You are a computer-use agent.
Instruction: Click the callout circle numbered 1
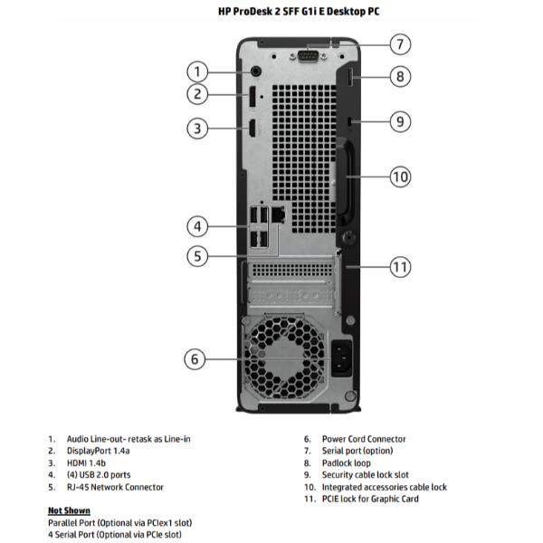pyautogui.click(x=198, y=71)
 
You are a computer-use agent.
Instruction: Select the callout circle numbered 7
pyautogui.click(x=400, y=44)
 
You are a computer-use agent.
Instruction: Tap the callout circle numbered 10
pyautogui.click(x=400, y=176)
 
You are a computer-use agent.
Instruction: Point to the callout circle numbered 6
pyautogui.click(x=195, y=359)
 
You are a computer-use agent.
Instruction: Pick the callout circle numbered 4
pyautogui.click(x=198, y=225)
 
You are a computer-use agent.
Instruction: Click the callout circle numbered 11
pyautogui.click(x=400, y=266)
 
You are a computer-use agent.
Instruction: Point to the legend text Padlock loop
pyautogui.click(x=346, y=462)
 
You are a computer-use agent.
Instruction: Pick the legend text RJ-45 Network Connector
pyautogui.click(x=115, y=487)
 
